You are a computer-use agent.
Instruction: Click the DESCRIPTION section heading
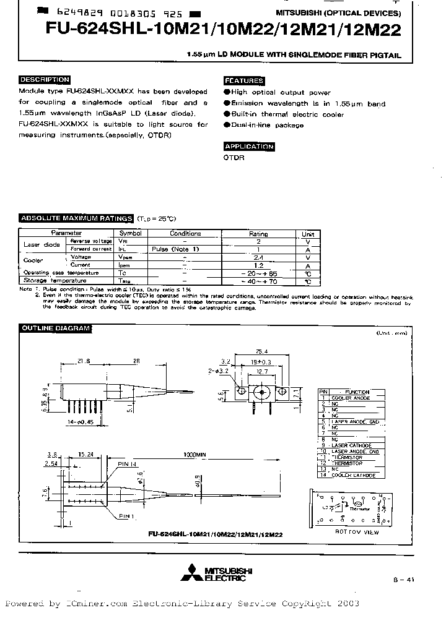click(44, 80)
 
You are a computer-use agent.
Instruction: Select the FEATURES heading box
click(244, 81)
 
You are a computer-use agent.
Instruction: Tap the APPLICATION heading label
click(248, 147)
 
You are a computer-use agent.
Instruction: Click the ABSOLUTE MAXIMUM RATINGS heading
click(76, 218)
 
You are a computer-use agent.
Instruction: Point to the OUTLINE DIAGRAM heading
click(56, 328)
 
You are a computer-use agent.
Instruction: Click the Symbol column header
click(130, 234)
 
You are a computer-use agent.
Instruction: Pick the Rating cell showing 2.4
click(258, 257)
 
